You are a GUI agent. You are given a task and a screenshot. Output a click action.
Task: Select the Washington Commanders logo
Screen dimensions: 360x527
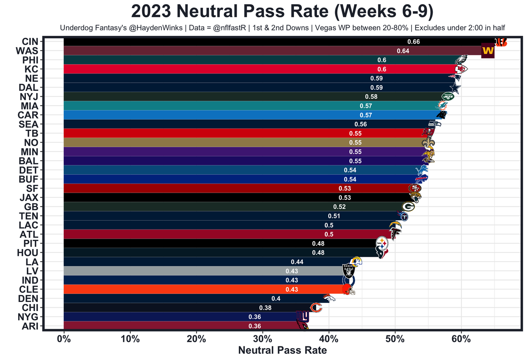tap(487, 51)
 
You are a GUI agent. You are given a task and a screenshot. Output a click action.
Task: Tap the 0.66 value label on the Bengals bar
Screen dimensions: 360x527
tap(413, 42)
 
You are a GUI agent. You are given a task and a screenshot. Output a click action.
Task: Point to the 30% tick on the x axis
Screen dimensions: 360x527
tap(263, 339)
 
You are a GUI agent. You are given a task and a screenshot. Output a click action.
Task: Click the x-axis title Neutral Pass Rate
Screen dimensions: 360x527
tap(282, 351)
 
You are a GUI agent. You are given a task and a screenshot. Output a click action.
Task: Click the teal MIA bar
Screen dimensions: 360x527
tap(206, 106)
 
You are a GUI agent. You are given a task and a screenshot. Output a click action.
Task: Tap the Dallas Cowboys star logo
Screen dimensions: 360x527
tap(455, 88)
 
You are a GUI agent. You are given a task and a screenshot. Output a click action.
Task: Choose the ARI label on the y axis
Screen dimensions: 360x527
tap(30, 326)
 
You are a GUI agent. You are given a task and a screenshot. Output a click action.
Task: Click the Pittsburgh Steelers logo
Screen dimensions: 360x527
tap(382, 243)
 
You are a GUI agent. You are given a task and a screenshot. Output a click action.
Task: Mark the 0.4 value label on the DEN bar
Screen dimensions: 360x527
tap(276, 298)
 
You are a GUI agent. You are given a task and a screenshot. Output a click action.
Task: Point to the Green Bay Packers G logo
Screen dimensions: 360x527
tap(408, 207)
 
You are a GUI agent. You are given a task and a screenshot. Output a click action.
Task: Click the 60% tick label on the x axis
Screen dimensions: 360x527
tap(461, 339)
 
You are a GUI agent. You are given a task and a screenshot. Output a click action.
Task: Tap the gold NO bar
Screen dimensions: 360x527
tap(206, 142)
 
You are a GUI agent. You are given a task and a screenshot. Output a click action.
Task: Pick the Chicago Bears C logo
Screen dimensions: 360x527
tap(315, 308)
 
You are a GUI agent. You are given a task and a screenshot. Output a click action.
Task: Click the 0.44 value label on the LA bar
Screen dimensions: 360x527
tap(297, 262)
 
